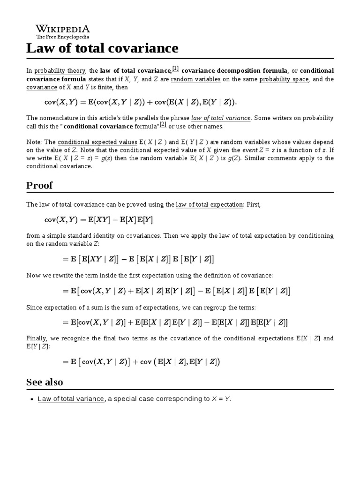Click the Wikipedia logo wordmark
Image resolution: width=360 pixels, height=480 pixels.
(63, 29)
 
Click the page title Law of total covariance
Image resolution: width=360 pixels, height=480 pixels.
(102, 48)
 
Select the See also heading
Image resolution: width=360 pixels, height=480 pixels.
(45, 382)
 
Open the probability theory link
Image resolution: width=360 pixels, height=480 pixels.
(60, 71)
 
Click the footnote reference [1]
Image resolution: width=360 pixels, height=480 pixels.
(175, 68)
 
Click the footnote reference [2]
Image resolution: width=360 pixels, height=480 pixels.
(163, 124)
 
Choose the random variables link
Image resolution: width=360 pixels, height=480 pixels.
(195, 79)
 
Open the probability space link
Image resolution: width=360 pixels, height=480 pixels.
(284, 79)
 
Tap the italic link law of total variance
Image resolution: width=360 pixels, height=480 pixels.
(221, 118)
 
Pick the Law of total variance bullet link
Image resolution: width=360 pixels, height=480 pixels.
(71, 399)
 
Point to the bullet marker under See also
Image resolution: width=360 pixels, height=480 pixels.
(32, 399)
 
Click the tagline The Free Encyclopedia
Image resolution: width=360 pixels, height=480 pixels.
(63, 37)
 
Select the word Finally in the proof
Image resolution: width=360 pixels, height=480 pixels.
(36, 338)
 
